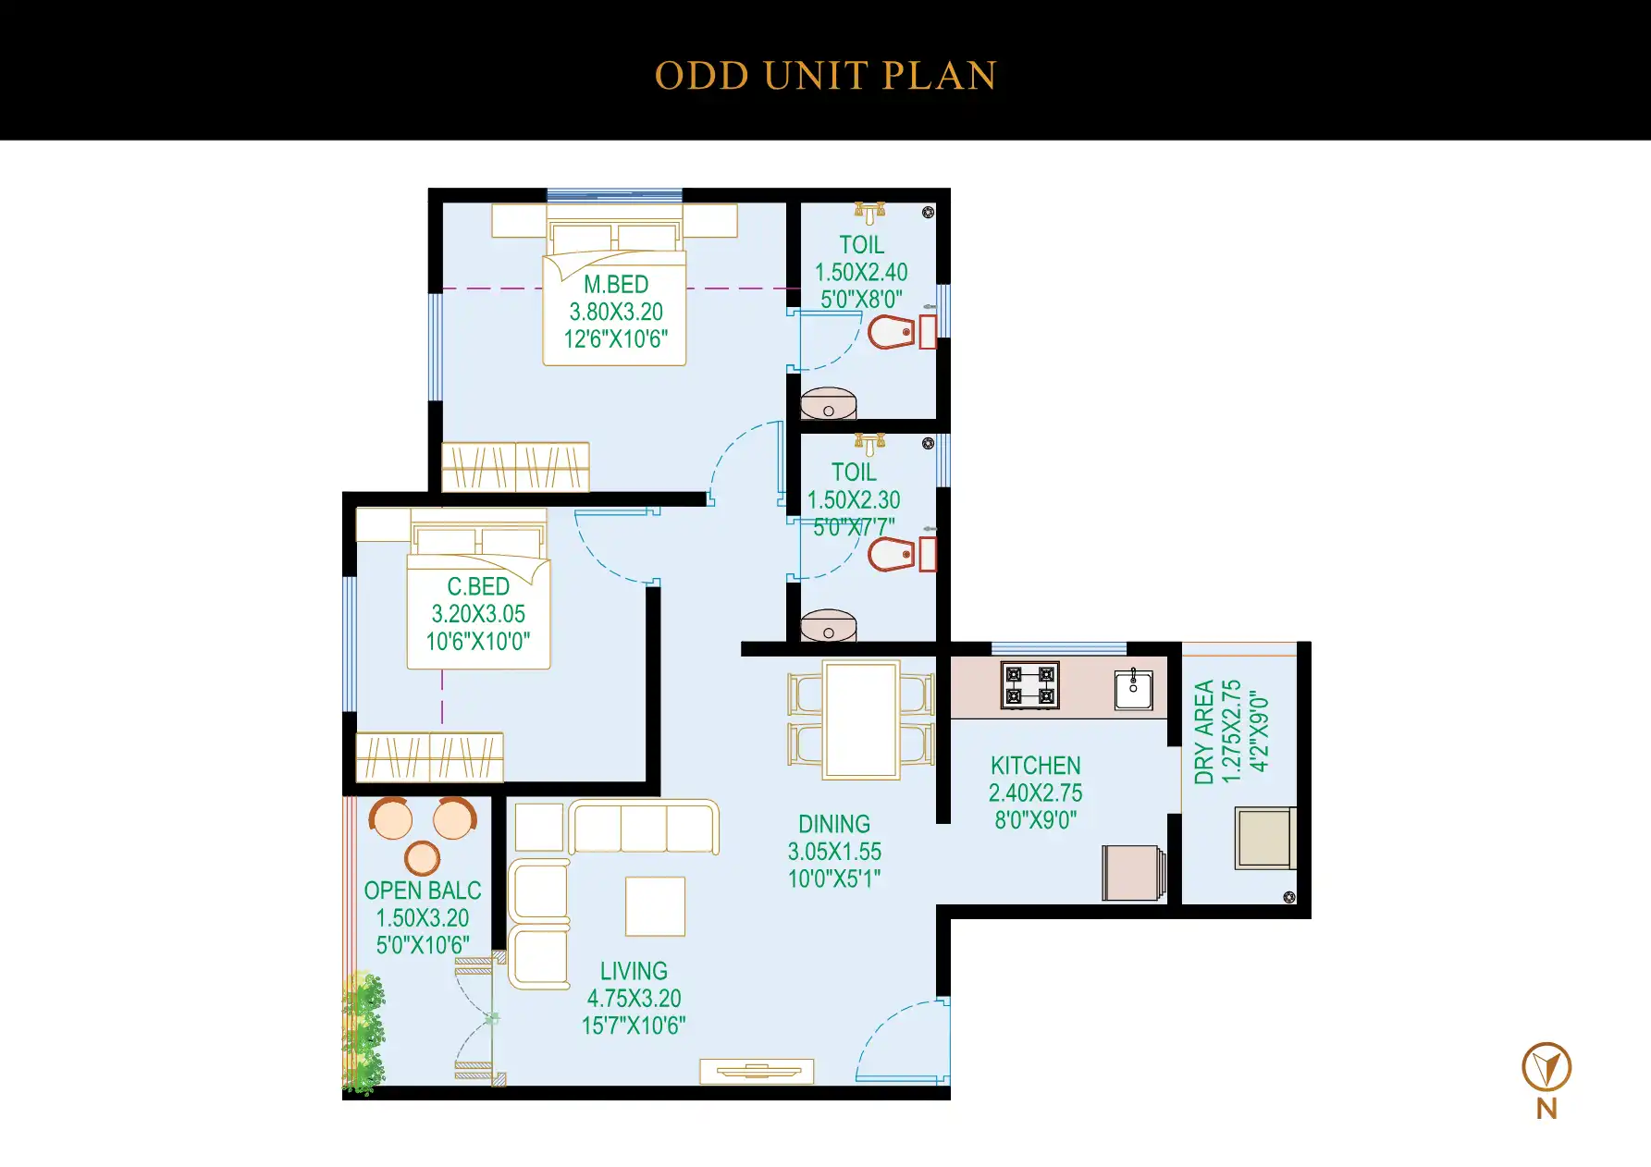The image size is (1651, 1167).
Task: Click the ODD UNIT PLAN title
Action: [825, 76]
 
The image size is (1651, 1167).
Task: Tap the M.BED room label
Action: [616, 285]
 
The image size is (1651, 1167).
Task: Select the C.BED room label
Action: [478, 587]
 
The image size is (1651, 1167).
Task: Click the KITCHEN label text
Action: [1035, 766]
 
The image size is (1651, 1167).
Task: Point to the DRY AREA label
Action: [1203, 732]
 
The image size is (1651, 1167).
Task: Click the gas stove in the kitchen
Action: [1029, 686]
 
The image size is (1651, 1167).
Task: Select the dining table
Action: [861, 719]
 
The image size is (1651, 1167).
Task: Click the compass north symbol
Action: [1546, 1068]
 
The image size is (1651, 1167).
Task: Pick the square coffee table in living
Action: [655, 906]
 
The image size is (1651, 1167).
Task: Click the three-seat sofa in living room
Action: [644, 827]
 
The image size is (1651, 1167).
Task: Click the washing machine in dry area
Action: [1264, 838]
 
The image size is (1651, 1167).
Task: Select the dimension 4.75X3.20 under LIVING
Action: [634, 999]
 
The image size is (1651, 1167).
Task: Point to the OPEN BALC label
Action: [423, 891]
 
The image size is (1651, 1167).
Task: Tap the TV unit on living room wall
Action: [757, 1071]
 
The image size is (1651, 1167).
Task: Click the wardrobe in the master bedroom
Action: [515, 467]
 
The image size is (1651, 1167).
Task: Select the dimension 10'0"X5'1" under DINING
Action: [834, 878]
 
